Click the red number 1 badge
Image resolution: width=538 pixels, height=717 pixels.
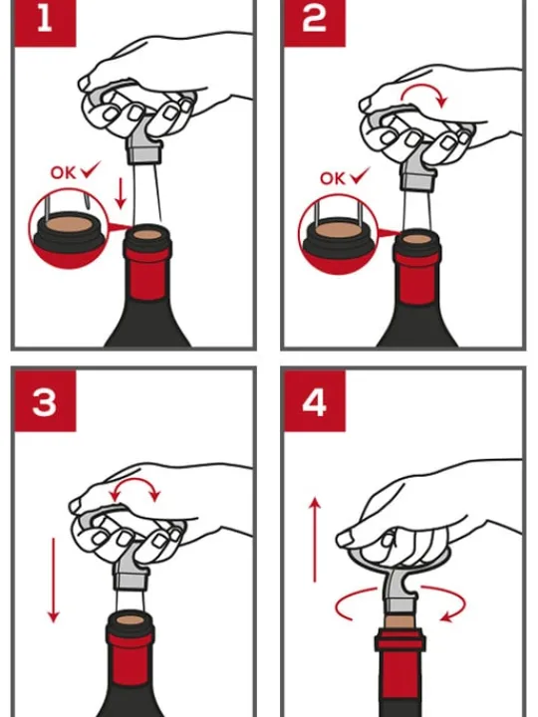(45, 23)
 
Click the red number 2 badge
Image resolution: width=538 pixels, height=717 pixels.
(315, 23)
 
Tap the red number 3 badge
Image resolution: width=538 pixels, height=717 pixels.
(45, 401)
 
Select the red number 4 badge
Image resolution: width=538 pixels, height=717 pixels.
(315, 401)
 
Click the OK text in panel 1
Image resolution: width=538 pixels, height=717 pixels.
(63, 173)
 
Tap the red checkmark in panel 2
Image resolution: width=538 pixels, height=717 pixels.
(360, 175)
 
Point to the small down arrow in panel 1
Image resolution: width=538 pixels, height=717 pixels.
(121, 193)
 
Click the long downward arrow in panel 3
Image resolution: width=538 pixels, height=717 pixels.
(54, 580)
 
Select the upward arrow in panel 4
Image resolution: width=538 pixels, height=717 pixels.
(315, 541)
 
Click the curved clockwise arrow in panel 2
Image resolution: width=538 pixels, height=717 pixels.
(423, 87)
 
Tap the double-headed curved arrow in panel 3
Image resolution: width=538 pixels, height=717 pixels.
(134, 481)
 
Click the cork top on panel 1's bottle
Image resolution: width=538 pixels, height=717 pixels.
(147, 235)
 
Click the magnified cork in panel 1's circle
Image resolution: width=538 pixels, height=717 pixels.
(69, 224)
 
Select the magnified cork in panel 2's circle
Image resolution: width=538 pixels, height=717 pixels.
(339, 230)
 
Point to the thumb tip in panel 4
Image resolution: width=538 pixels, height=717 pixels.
(344, 540)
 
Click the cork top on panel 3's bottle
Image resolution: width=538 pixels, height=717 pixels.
(131, 620)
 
